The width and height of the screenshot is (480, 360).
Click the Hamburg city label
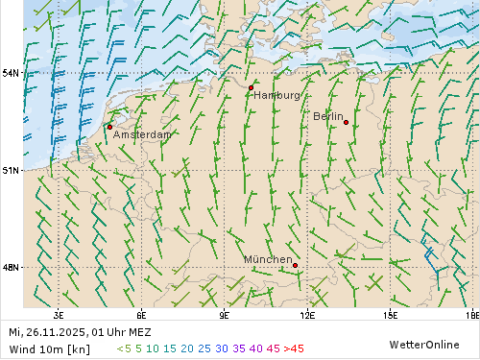click(276, 96)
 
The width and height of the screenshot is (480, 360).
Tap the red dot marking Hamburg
click(251, 87)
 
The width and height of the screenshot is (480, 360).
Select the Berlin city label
click(328, 116)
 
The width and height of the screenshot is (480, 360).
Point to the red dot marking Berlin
click(346, 122)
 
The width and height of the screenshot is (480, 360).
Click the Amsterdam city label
click(142, 135)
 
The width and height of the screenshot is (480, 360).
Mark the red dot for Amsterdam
click(109, 127)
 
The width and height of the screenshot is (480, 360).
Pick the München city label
click(268, 259)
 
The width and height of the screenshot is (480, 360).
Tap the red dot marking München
click(295, 265)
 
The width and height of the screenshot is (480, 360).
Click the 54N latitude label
click(11, 73)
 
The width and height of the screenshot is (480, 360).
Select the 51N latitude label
click(11, 170)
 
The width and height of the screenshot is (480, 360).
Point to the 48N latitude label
click(11, 268)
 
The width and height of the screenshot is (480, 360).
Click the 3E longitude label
click(59, 314)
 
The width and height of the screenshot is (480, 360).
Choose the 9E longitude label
click(225, 314)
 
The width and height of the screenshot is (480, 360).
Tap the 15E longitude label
click(390, 314)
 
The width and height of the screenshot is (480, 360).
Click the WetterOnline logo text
click(424, 344)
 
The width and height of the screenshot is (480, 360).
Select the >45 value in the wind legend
click(294, 348)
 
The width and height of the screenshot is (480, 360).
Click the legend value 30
click(222, 348)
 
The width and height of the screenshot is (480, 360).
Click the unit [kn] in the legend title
click(80, 348)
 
